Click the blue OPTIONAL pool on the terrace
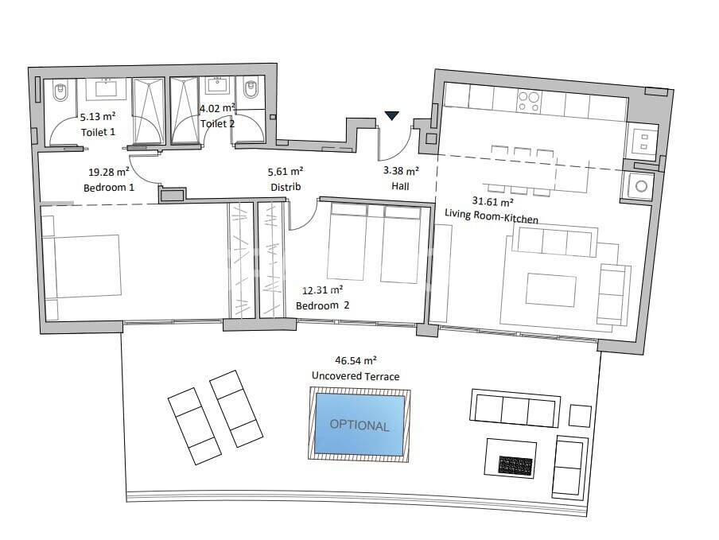pyautogui.click(x=359, y=424)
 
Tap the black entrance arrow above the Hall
pyautogui.click(x=391, y=116)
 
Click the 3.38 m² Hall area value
pyautogui.click(x=400, y=170)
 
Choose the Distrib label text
pyautogui.click(x=286, y=187)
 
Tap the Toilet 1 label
pyautogui.click(x=98, y=131)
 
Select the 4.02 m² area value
pyautogui.click(x=216, y=108)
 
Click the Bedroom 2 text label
pyautogui.click(x=323, y=305)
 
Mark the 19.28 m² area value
pyautogui.click(x=109, y=171)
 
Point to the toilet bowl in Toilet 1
pyautogui.click(x=60, y=95)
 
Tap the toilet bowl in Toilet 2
pyautogui.click(x=251, y=88)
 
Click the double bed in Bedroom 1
pyautogui.click(x=82, y=265)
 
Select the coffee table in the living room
pyautogui.click(x=551, y=290)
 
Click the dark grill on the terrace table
pyautogui.click(x=515, y=464)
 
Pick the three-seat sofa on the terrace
pyautogui.click(x=515, y=409)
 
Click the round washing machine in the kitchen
pyautogui.click(x=640, y=187)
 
